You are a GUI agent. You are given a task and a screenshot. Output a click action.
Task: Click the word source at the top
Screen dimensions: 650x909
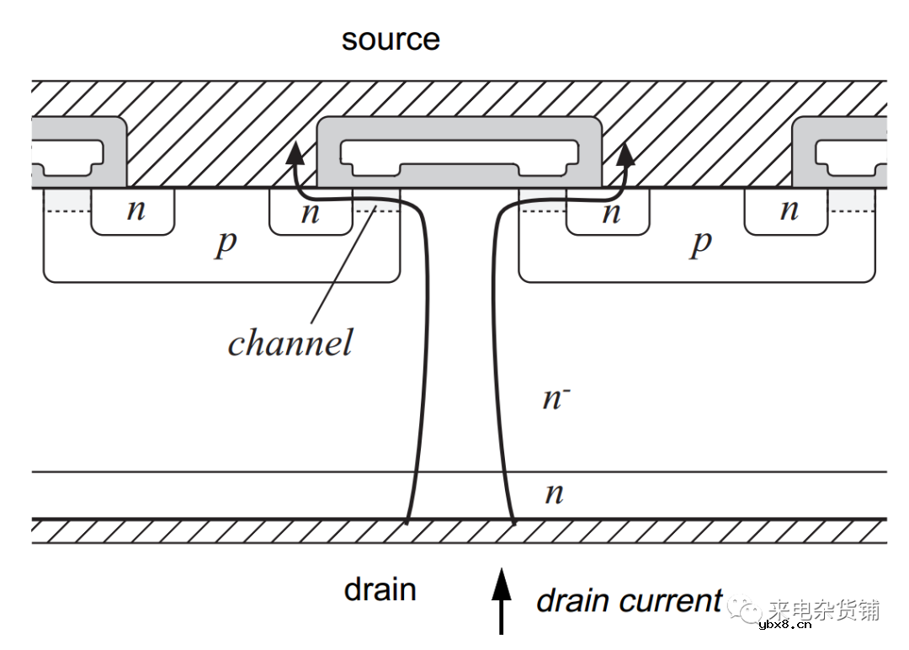pyautogui.click(x=391, y=40)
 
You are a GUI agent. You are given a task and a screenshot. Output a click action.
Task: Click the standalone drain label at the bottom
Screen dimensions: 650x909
pyautogui.click(x=380, y=589)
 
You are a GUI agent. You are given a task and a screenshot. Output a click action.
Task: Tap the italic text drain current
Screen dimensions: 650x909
pyautogui.click(x=629, y=600)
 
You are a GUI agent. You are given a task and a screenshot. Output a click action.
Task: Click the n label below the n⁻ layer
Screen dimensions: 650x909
pyautogui.click(x=554, y=493)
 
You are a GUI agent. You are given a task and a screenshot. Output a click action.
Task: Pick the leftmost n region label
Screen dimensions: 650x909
pyautogui.click(x=136, y=210)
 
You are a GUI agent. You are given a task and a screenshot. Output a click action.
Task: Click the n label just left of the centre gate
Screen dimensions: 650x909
pyautogui.click(x=311, y=212)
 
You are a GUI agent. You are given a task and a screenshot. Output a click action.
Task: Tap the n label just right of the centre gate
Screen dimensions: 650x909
pyautogui.click(x=611, y=212)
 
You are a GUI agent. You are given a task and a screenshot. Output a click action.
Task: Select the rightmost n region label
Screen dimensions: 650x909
pyautogui.click(x=789, y=210)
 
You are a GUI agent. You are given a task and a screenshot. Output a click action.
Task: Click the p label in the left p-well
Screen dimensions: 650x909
pyautogui.click(x=226, y=244)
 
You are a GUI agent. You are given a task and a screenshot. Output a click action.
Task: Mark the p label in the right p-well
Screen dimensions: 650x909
pyautogui.click(x=700, y=244)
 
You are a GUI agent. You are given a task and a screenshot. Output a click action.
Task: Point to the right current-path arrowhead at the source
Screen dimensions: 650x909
pyautogui.click(x=625, y=154)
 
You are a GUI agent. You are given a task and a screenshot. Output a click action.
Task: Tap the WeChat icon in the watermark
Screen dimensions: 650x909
pyautogui.click(x=745, y=607)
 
